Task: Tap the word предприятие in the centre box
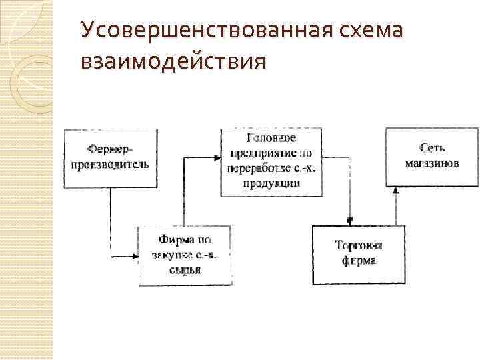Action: tap(263, 153)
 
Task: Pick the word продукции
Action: tap(271, 183)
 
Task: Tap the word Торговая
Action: tap(358, 246)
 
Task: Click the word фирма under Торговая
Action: tap(359, 261)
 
